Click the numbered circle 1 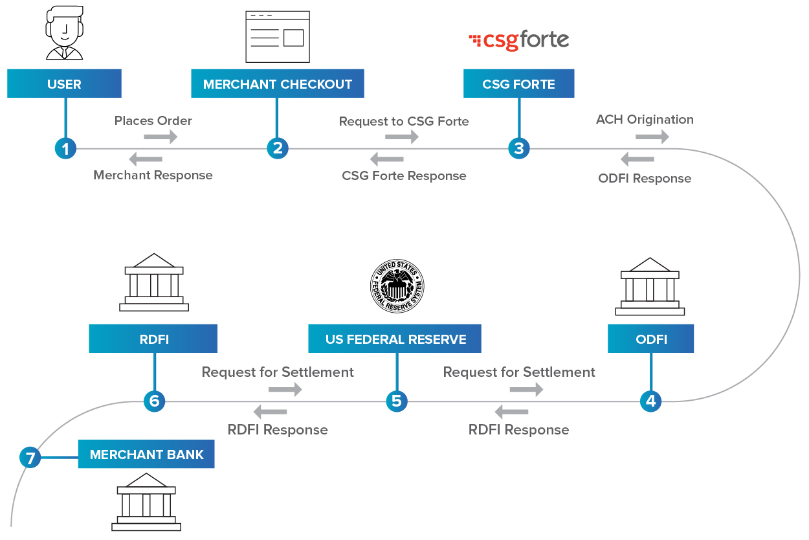pos(65,148)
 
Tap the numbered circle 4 pos(650,401)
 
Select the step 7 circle pos(30,457)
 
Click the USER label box pos(64,84)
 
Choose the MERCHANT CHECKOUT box pos(278,84)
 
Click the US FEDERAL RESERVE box pos(395,339)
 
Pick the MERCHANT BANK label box pos(146,454)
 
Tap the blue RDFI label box pos(153,339)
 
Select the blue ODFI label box pos(651,339)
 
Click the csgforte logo pos(518,40)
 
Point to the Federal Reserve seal pos(397,286)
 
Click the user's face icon pos(65,32)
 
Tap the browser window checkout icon pos(278,37)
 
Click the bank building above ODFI pos(650,286)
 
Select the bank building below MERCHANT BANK pos(146,502)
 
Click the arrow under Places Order pos(161,137)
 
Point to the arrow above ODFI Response pos(637,159)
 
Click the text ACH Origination pos(645,119)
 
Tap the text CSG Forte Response pos(404,176)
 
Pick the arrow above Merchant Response pos(146,159)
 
